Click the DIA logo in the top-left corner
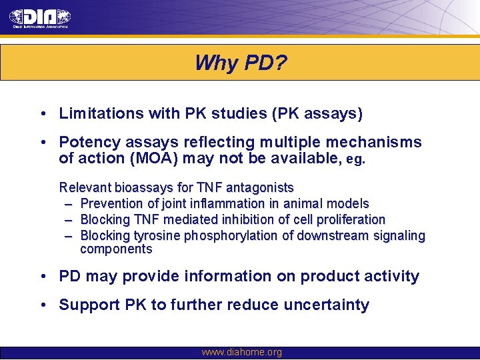pyautogui.click(x=40, y=18)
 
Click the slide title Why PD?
pyautogui.click(x=241, y=63)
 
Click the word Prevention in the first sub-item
pyautogui.click(x=109, y=204)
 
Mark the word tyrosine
pyautogui.click(x=157, y=236)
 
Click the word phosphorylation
pyautogui.click(x=239, y=236)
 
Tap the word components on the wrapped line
pyautogui.click(x=116, y=249)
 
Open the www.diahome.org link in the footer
pyautogui.click(x=241, y=353)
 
